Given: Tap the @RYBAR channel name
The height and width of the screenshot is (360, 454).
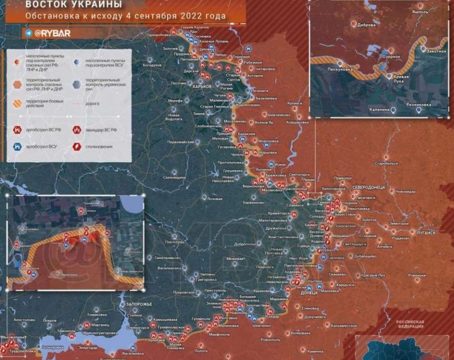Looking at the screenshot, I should point(50,33).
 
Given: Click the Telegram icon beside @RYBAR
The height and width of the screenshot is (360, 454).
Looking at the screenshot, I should point(28,33).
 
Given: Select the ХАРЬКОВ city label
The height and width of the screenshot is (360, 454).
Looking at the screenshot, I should point(202,86).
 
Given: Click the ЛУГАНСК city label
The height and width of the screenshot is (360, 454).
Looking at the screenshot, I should point(424,233).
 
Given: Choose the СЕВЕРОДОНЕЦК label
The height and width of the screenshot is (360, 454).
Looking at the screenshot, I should point(372,187).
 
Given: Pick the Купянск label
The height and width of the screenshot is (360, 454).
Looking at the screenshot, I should point(295,103).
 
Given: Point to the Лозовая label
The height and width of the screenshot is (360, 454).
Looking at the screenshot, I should point(214,198).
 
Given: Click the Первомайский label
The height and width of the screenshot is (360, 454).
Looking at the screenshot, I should point(181,142).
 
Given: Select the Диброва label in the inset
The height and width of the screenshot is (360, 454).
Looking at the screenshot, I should point(366,25).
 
